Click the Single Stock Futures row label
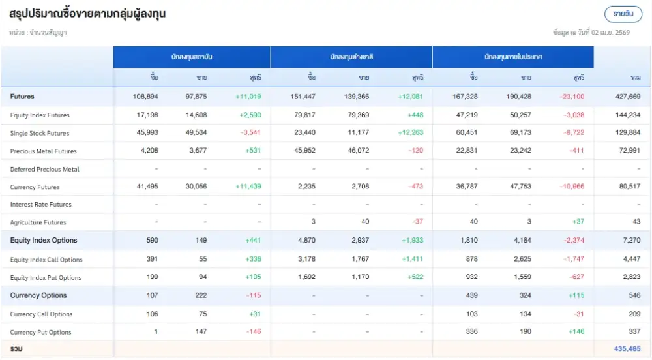coord(40,133)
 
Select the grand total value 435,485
coord(627,348)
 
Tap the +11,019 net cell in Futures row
coord(248,97)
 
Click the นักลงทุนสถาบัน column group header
coord(192,57)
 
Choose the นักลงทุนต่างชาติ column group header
coord(351,57)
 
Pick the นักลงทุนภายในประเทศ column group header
coord(513,57)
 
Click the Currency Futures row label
coord(35,187)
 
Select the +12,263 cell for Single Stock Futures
coord(410,133)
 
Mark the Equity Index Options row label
coord(44,241)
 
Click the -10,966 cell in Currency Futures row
coord(571,187)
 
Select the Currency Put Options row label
coord(41,332)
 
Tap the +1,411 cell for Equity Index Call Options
coord(411,259)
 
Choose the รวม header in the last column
coord(635,78)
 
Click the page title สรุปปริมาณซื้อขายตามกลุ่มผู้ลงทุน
coord(87,14)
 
